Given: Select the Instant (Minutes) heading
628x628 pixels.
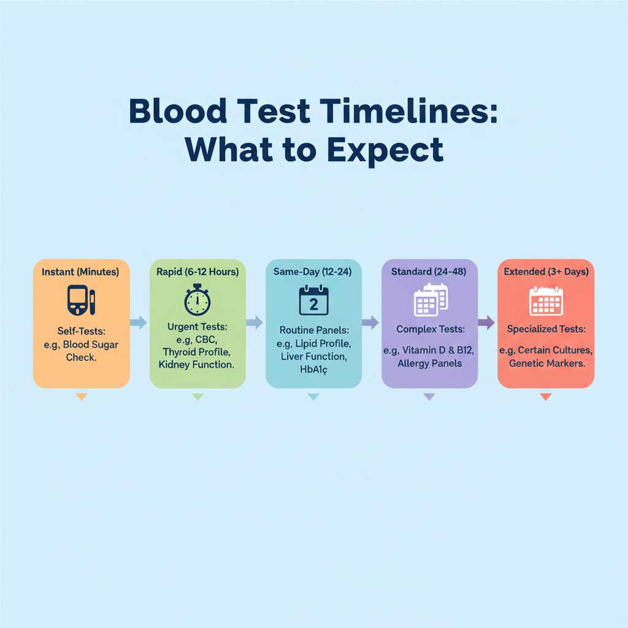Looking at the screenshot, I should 81,270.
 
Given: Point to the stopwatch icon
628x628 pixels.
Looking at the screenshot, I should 197,301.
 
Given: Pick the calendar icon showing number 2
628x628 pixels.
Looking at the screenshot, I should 313,301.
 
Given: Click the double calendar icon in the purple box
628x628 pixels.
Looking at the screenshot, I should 431,299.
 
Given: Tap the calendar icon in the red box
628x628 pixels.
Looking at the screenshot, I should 545,301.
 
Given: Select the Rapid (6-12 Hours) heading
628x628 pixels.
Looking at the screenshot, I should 197,270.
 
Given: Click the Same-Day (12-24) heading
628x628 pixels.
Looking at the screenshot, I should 313,270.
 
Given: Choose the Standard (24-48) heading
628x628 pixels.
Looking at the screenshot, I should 429,270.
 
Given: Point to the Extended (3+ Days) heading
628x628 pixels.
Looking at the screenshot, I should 545,270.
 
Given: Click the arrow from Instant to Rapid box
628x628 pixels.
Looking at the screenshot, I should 139,321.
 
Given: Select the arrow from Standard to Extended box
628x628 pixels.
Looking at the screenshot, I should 486,321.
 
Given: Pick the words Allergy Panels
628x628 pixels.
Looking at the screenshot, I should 429,363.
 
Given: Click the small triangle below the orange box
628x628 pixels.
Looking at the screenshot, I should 82,397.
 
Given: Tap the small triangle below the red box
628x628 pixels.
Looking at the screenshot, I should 545,397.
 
